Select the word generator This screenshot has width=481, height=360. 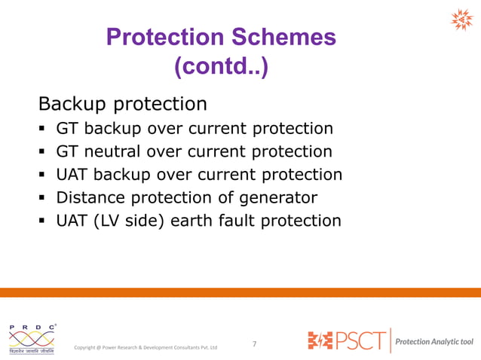(276, 198)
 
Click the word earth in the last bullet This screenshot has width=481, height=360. (194, 221)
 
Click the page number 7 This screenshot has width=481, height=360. (254, 344)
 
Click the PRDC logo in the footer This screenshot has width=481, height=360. (32, 339)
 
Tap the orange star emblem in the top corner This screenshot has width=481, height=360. (461, 20)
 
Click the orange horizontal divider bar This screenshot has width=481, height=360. (240, 291)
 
